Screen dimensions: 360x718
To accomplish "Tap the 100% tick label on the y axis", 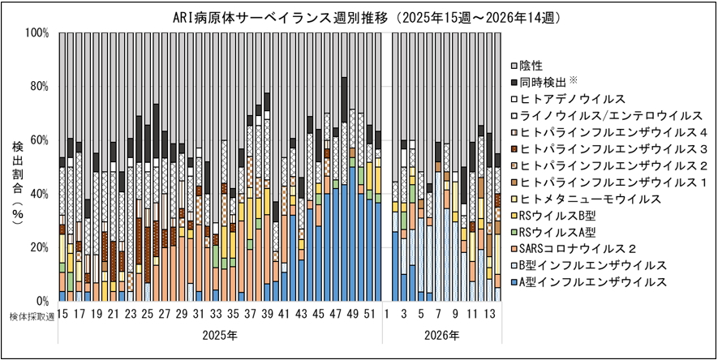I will pyautogui.click(x=38, y=33).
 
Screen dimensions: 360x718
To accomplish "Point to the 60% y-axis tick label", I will pyautogui.click(x=41, y=140).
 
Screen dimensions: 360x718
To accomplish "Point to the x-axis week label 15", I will pyautogui.click(x=62, y=315).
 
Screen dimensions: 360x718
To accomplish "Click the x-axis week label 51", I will pyautogui.click(x=370, y=315).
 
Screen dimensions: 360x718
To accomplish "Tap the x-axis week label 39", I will pyautogui.click(x=268, y=315).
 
